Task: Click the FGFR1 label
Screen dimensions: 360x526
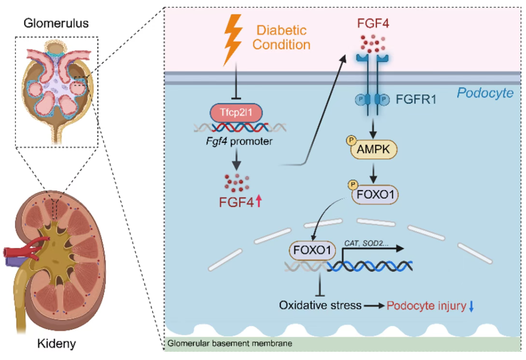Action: point(416,99)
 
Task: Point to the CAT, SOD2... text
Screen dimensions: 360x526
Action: point(365,241)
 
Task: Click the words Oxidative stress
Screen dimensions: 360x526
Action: point(320,306)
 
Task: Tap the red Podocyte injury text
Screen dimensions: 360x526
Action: point(426,306)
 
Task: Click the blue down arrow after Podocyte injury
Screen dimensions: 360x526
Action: point(471,306)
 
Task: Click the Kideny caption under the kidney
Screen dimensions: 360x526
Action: point(57,343)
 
